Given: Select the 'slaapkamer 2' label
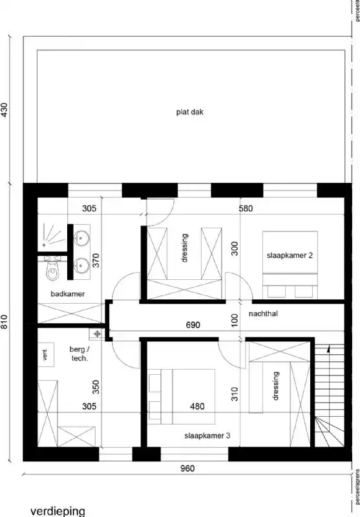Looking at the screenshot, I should (x=290, y=255).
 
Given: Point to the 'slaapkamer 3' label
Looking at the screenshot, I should (x=207, y=436).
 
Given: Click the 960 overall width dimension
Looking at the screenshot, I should (x=187, y=469).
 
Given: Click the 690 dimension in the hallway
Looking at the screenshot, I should (x=193, y=325).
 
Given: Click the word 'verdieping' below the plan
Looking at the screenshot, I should (x=58, y=511).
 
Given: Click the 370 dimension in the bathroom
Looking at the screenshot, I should (x=96, y=260).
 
